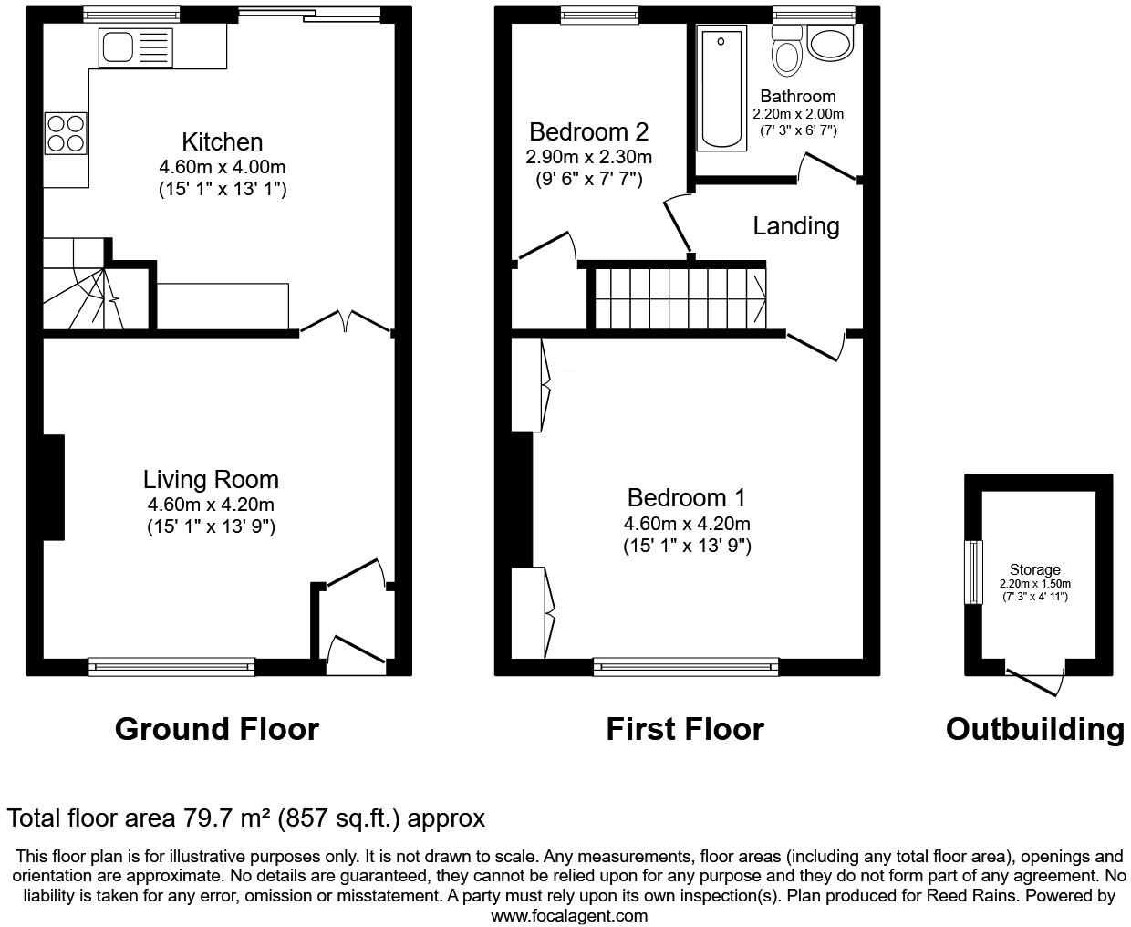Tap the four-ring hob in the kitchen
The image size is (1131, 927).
pyautogui.click(x=66, y=133)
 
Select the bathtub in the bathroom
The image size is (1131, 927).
pyautogui.click(x=721, y=89)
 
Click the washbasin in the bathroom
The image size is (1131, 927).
pyautogui.click(x=830, y=44)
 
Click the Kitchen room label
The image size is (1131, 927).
pyautogui.click(x=223, y=142)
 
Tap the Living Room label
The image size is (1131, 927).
pyautogui.click(x=211, y=480)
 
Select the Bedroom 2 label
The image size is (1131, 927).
pyautogui.click(x=588, y=132)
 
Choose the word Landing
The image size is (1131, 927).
pyautogui.click(x=795, y=226)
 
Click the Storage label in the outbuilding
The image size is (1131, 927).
pyautogui.click(x=1034, y=569)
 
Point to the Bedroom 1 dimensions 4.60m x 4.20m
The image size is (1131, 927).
pyautogui.click(x=687, y=524)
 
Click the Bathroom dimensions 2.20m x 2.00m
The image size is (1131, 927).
pyautogui.click(x=797, y=114)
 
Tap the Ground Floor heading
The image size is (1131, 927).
pyautogui.click(x=217, y=729)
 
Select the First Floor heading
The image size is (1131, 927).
pyautogui.click(x=684, y=729)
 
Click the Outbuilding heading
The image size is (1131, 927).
pyautogui.click(x=1034, y=729)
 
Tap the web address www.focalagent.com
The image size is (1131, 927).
pyautogui.click(x=569, y=915)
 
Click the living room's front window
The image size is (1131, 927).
pyautogui.click(x=171, y=667)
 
